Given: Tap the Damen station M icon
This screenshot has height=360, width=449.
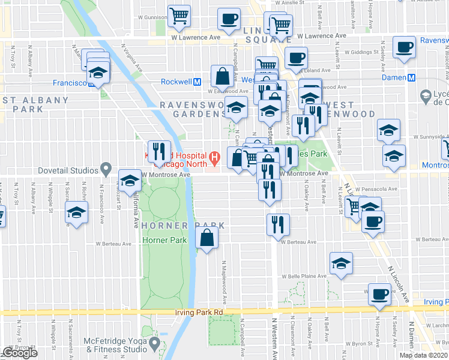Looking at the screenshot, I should [x=412, y=78].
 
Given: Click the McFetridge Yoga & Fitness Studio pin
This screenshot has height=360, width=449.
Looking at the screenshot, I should [x=155, y=343].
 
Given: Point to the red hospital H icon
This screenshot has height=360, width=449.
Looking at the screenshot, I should [x=214, y=158].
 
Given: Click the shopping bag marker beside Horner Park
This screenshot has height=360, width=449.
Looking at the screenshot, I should [x=206, y=238].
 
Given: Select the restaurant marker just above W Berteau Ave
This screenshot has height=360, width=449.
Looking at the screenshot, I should [x=278, y=225].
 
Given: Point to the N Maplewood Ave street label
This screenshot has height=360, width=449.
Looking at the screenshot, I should [x=224, y=281].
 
